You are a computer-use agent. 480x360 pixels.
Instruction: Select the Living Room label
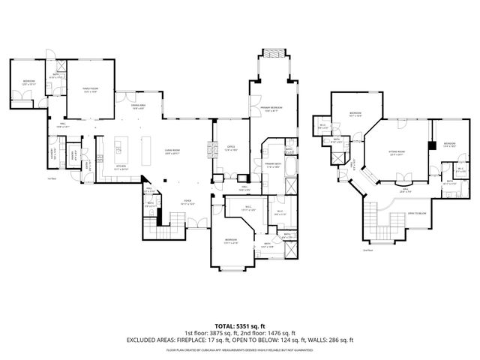[x=171, y=151]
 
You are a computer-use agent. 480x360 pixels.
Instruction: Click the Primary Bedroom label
[x=271, y=107]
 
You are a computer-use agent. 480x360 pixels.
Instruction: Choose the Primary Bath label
[x=272, y=164]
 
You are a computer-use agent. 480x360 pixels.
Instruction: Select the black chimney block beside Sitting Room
[x=433, y=145]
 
